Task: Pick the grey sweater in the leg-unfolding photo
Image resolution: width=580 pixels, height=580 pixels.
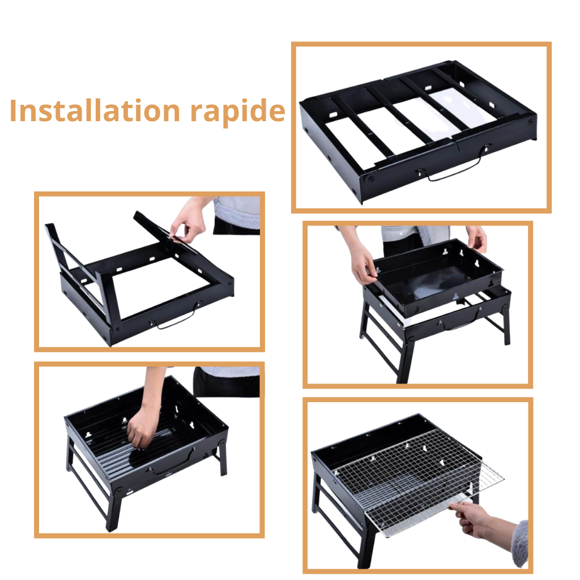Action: (237, 213)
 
